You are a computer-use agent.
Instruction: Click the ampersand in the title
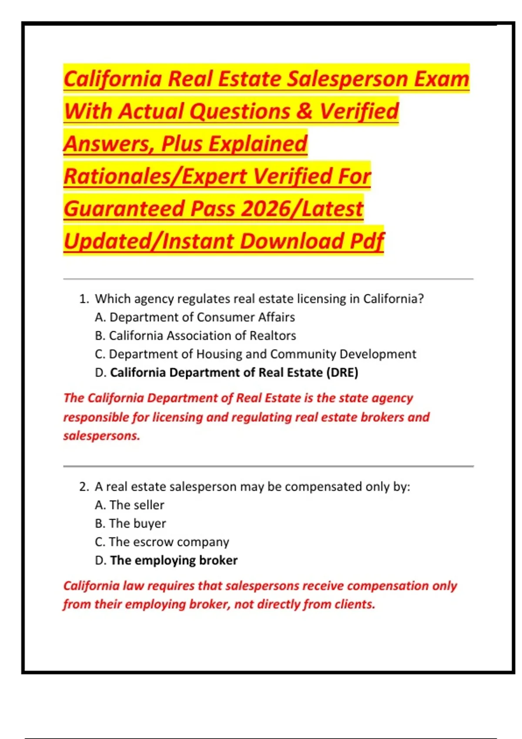pos(305,111)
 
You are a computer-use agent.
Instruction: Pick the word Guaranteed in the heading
pos(124,209)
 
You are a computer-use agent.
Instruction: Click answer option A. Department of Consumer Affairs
pos(195,317)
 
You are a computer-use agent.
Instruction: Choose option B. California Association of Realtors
pos(195,336)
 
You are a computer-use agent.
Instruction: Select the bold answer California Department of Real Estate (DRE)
pos(234,373)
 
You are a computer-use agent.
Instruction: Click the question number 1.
pos(84,299)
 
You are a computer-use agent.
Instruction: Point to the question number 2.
pos(84,487)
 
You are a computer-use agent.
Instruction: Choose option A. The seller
pos(130,505)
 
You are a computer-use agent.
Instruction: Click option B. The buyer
pos(130,523)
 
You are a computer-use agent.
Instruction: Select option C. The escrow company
pos(162,542)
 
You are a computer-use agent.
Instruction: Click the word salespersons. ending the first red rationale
pos(102,436)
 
